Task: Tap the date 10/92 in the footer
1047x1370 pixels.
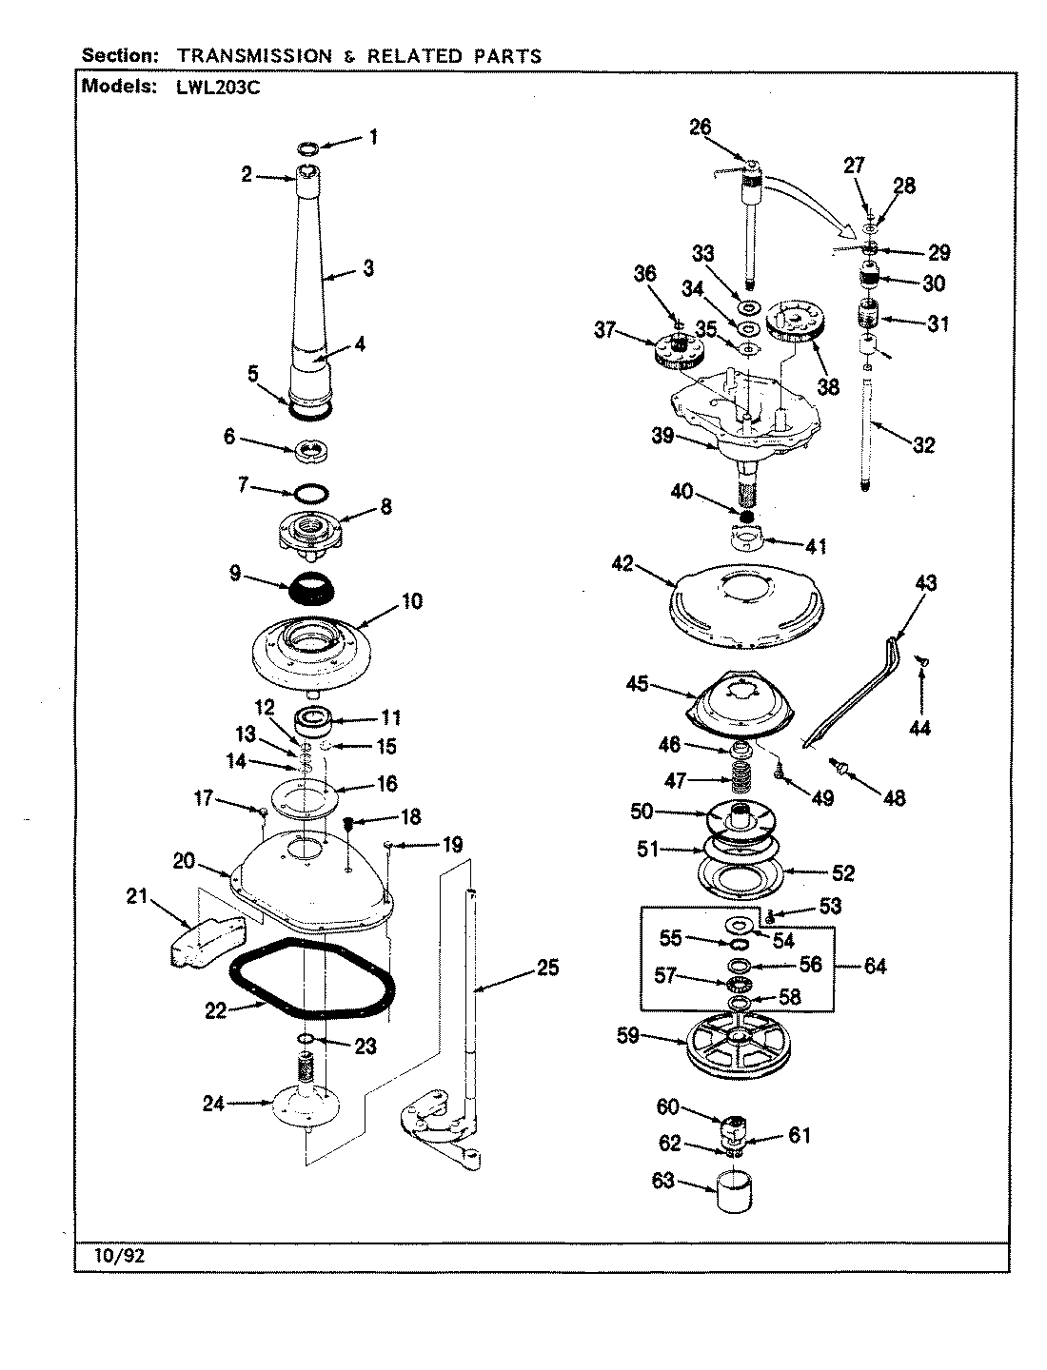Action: click(x=120, y=1255)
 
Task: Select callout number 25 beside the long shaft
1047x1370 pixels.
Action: click(x=546, y=969)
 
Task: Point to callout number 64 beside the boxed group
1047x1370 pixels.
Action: click(x=874, y=966)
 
